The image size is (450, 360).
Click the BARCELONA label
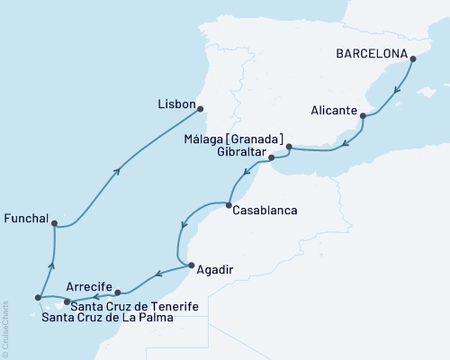click(x=370, y=52)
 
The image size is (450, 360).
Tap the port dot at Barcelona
click(x=413, y=60)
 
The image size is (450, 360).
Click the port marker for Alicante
click(x=363, y=115)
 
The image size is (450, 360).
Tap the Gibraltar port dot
click(x=272, y=158)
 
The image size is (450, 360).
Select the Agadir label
click(x=218, y=267)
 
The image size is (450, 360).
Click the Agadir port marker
click(x=190, y=264)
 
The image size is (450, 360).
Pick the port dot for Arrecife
click(x=118, y=292)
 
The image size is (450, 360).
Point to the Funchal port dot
click(x=55, y=223)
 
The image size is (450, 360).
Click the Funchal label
click(x=25, y=218)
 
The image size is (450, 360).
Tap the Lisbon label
click(x=176, y=104)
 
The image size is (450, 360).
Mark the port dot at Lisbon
click(x=200, y=109)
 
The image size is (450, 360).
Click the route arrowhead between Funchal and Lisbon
click(x=118, y=171)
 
